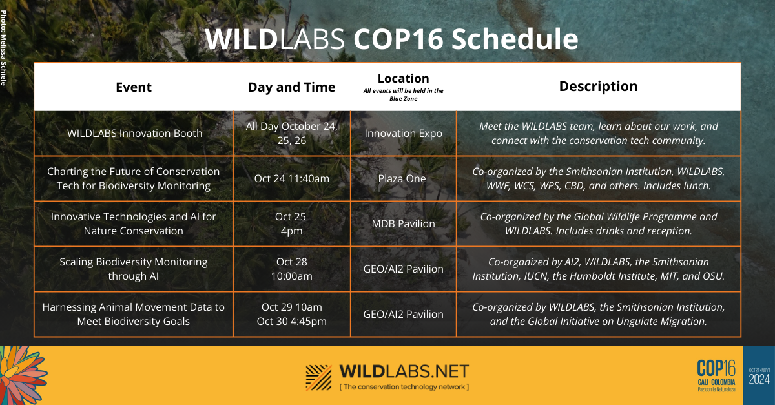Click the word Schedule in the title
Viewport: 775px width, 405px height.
point(515,39)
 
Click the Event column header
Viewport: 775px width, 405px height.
point(134,87)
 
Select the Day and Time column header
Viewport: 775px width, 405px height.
point(292,88)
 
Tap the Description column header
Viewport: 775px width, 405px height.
point(598,87)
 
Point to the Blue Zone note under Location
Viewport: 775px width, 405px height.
point(404,95)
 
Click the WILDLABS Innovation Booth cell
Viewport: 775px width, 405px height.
point(134,133)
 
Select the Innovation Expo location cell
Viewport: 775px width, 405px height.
point(404,133)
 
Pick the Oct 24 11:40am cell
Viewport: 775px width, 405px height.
point(292,179)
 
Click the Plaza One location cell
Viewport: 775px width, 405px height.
point(402,179)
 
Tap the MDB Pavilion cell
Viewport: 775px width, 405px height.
point(404,224)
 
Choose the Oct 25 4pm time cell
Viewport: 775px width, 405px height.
point(291,223)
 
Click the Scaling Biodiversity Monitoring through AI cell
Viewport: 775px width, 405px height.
point(134,269)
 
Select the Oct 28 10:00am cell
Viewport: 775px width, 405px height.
point(292,269)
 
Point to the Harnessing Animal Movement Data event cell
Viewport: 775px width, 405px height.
point(134,314)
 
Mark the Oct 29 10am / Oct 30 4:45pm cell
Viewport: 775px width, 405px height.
point(292,314)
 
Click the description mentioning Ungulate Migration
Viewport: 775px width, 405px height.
point(598,314)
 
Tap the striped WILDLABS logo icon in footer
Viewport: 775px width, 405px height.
point(318,378)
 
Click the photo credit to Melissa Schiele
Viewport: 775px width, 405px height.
point(3,48)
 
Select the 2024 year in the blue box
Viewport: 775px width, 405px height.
point(759,379)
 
